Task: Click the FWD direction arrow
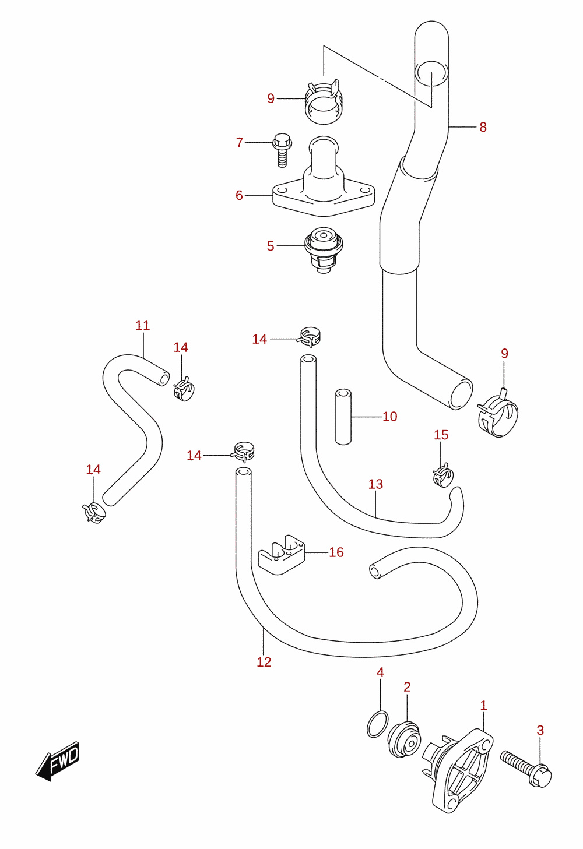point(57,762)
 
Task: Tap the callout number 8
point(483,127)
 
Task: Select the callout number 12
point(264,662)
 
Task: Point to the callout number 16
point(336,552)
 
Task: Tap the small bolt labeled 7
point(282,150)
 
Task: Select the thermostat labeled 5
point(324,250)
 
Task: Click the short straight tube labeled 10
point(343,417)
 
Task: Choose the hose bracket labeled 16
point(282,555)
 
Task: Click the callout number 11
point(143,326)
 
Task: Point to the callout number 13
point(375,484)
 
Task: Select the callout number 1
point(483,705)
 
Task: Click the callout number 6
point(239,195)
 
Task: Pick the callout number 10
point(389,417)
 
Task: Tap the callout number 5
point(270,246)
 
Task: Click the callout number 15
point(441,435)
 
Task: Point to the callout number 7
point(240,143)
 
